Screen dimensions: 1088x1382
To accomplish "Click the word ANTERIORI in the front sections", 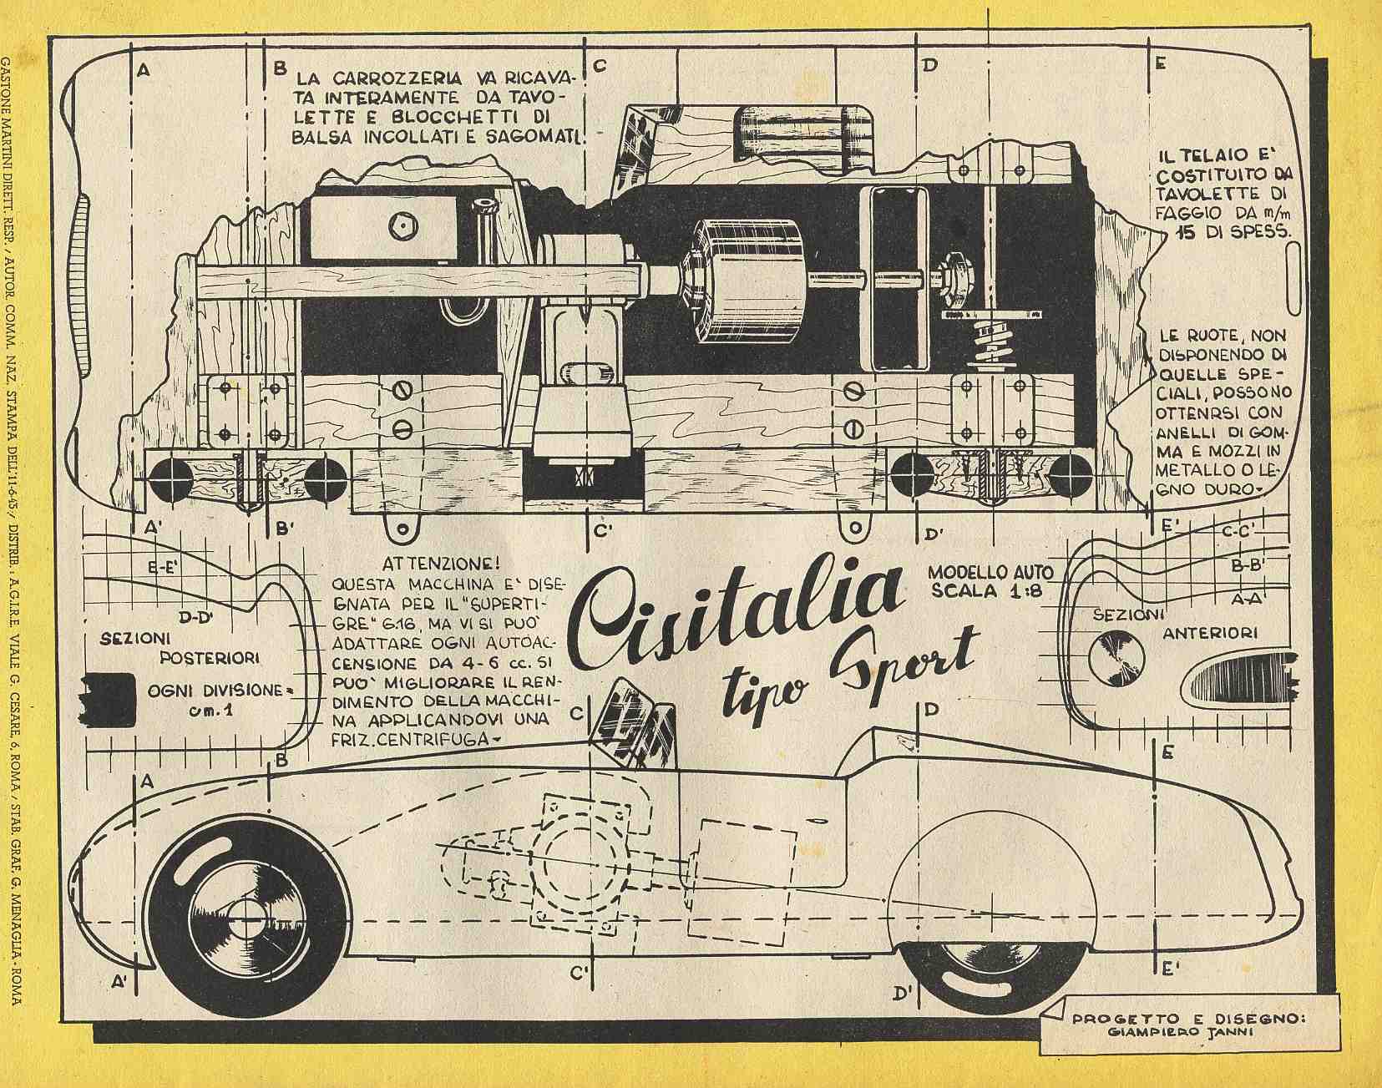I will [1210, 633].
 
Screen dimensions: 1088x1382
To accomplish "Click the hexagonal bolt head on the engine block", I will [399, 223].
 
